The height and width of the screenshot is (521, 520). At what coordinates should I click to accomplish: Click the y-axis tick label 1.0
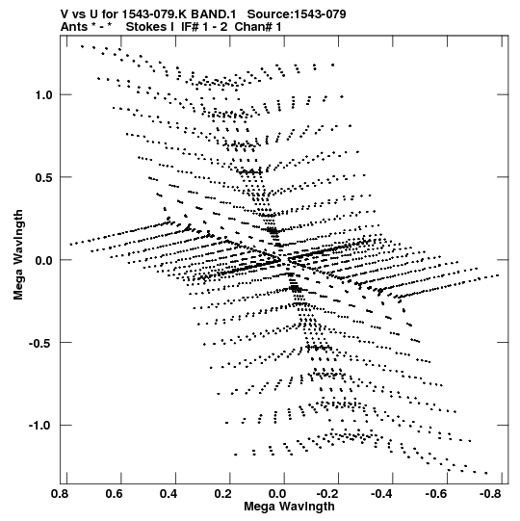44,95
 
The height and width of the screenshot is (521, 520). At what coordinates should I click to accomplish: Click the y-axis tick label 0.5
44,177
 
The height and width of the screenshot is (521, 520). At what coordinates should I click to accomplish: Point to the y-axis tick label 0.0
44,260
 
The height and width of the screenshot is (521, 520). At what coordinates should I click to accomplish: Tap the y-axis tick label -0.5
40,343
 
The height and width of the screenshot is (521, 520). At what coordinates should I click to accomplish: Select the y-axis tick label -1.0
40,426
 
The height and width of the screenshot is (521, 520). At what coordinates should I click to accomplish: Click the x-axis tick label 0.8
60,494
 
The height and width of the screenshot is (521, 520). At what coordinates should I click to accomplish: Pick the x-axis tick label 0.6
115,494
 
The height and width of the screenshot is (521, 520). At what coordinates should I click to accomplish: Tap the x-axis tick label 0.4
169,494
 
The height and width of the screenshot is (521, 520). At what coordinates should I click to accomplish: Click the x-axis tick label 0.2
223,494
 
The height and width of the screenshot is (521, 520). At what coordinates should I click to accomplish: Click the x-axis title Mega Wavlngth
289,507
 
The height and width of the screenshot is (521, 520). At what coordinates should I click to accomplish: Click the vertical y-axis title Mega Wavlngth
18,255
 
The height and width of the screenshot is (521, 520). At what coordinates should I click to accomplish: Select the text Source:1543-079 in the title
297,14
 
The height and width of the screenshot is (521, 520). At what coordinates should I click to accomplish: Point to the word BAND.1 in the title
214,14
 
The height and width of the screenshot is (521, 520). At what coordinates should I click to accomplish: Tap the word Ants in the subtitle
74,27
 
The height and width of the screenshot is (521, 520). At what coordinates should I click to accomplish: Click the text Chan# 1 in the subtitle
258,27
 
